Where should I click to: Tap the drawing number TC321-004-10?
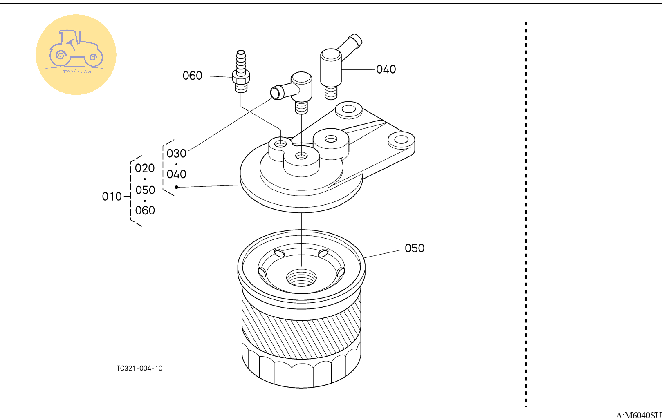139,368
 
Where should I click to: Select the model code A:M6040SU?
639,415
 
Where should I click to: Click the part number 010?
112,197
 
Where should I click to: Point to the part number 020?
145,168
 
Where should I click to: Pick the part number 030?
176,154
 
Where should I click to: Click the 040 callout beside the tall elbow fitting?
386,69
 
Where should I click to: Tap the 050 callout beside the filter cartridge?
415,248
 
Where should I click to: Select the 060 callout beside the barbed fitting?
193,76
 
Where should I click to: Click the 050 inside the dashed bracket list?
145,190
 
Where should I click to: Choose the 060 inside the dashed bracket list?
145,210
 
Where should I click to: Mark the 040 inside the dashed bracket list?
176,174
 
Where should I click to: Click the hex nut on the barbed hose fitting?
241,77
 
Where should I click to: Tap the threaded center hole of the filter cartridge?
301,277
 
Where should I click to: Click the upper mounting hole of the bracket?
349,109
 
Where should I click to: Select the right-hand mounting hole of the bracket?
402,139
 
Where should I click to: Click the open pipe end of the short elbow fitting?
276,93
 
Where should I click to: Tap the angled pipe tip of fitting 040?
355,40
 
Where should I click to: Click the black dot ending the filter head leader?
176,187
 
